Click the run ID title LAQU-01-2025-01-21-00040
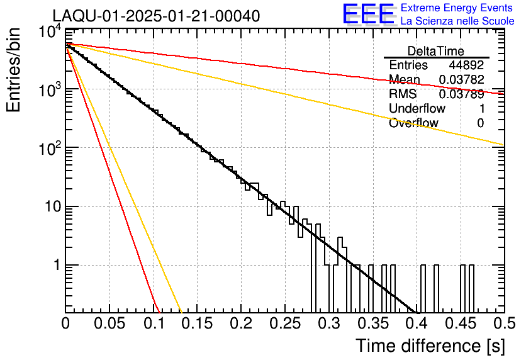(155, 16)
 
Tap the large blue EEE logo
(367, 14)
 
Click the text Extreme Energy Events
(457, 8)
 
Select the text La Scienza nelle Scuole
(457, 21)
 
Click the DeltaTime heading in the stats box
(436, 51)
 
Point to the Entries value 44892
(466, 65)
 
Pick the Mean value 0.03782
(461, 80)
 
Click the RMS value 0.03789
(461, 94)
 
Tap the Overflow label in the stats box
(413, 123)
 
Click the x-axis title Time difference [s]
(430, 346)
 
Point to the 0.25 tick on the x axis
(284, 324)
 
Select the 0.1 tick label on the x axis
(153, 324)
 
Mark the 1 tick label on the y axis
(54, 265)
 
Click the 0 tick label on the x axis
(65, 324)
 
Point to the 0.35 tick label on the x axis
(372, 324)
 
